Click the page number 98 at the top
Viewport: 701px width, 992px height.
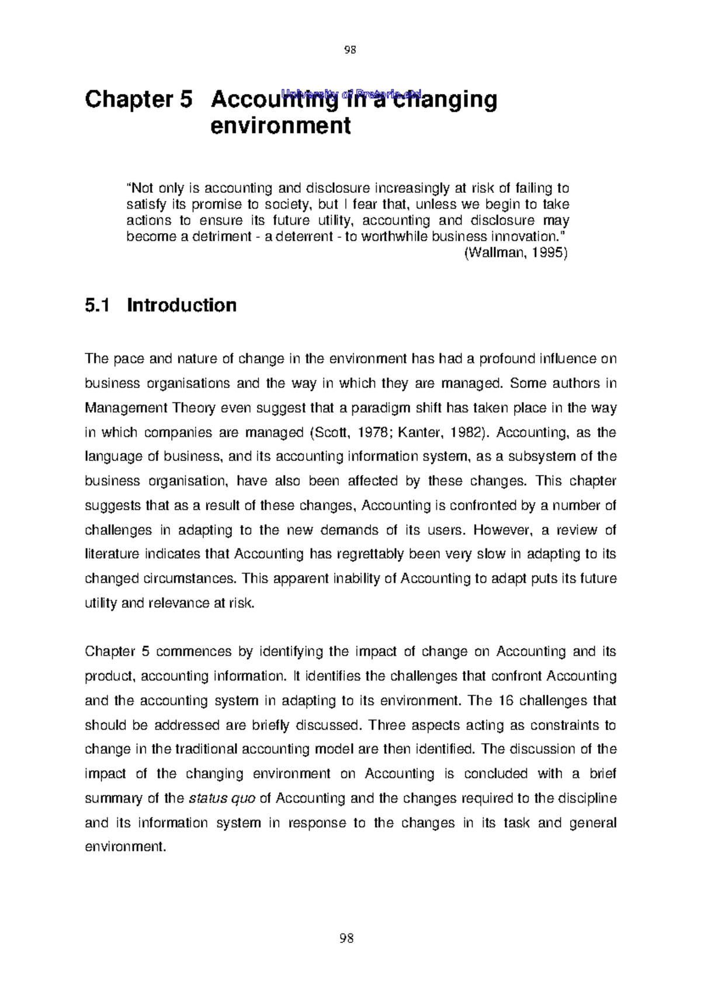pos(350,50)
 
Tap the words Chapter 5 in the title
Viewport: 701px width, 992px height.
pos(138,100)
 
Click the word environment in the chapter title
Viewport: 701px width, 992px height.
pos(280,126)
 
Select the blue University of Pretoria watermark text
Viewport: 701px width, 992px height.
pos(351,93)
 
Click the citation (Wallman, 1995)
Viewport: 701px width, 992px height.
pos(516,254)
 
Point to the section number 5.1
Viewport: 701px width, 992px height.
pos(98,306)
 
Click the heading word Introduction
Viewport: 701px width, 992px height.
pos(182,306)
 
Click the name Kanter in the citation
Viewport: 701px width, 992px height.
pos(417,433)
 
